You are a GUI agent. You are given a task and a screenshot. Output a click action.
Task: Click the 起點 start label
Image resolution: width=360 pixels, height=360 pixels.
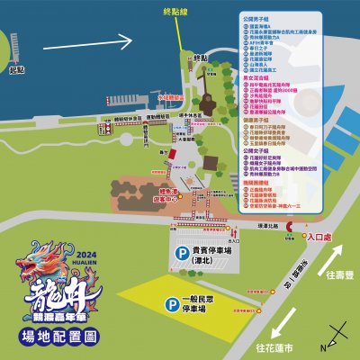click(15, 68)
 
